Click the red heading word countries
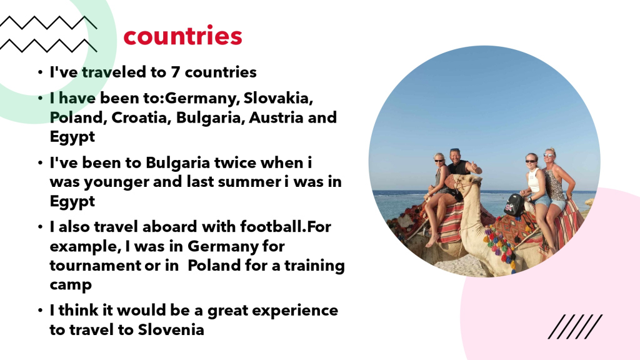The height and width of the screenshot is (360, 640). (x=183, y=36)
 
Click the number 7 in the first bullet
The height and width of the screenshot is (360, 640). (x=176, y=72)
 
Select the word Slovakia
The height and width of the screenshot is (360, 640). (x=278, y=98)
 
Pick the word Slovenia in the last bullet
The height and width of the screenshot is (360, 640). (x=171, y=329)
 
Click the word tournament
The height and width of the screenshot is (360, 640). (x=95, y=266)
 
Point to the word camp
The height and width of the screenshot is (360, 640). (x=71, y=286)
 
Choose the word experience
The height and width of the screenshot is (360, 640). (x=295, y=311)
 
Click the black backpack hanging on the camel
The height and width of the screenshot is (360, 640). (x=514, y=205)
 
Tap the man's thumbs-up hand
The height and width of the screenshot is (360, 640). (x=474, y=166)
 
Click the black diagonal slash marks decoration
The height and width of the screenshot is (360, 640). (x=575, y=326)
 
